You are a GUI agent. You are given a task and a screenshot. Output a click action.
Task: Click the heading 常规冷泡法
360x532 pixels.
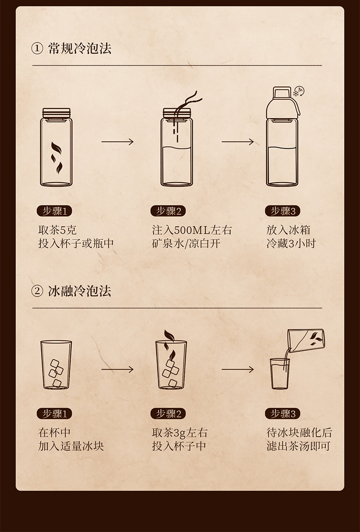click(x=80, y=49)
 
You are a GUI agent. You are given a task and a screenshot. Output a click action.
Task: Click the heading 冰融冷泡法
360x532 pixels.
click(x=80, y=291)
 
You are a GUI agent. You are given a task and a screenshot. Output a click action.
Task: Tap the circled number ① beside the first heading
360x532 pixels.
click(x=37, y=49)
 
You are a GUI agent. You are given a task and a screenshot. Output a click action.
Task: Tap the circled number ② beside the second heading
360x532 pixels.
click(x=37, y=292)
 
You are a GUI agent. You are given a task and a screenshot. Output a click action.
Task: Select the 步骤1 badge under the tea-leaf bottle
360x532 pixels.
click(x=54, y=211)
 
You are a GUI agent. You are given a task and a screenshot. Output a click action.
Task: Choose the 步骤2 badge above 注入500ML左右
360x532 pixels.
click(x=168, y=211)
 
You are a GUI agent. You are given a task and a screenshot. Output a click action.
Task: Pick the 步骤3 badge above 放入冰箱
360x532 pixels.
click(x=283, y=211)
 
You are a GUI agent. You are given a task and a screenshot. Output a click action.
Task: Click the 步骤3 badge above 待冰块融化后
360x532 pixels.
click(x=283, y=414)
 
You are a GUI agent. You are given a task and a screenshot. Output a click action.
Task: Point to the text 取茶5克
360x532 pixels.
click(x=57, y=230)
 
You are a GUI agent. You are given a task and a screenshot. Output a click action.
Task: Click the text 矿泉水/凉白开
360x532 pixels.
click(x=186, y=244)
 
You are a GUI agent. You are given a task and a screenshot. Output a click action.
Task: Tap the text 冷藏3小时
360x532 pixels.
click(x=291, y=244)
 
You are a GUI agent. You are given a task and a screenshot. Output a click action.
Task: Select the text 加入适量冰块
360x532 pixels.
click(x=71, y=446)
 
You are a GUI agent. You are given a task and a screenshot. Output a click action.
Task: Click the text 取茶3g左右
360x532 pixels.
click(x=180, y=433)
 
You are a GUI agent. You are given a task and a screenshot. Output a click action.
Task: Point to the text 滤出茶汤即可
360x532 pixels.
click(x=298, y=446)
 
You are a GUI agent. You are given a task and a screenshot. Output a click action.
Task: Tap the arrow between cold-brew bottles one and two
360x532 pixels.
click(x=118, y=142)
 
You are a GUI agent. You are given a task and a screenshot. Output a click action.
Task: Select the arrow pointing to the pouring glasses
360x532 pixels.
click(x=237, y=369)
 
